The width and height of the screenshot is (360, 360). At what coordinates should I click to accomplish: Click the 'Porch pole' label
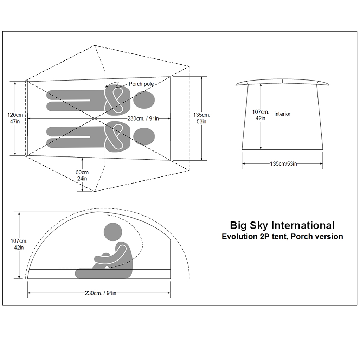(x=141, y=84)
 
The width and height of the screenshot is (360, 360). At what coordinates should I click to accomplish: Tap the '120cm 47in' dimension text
(x=15, y=118)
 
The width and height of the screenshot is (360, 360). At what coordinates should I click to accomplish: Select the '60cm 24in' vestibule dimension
(x=82, y=175)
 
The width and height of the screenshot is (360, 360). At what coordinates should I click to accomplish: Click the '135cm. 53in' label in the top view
(x=201, y=118)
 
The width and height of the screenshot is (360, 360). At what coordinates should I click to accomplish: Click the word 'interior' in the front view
(x=282, y=114)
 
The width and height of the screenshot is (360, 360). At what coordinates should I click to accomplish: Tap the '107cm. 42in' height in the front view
(x=261, y=115)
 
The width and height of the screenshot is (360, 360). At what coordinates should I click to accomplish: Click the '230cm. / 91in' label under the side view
(x=100, y=293)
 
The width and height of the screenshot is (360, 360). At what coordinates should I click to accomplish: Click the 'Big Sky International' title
(x=282, y=225)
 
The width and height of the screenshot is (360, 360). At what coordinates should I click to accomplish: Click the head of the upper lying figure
(x=143, y=99)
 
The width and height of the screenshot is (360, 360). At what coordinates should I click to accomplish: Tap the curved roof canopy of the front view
(x=283, y=82)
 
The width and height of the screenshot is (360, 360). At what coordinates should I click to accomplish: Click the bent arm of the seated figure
(x=114, y=257)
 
